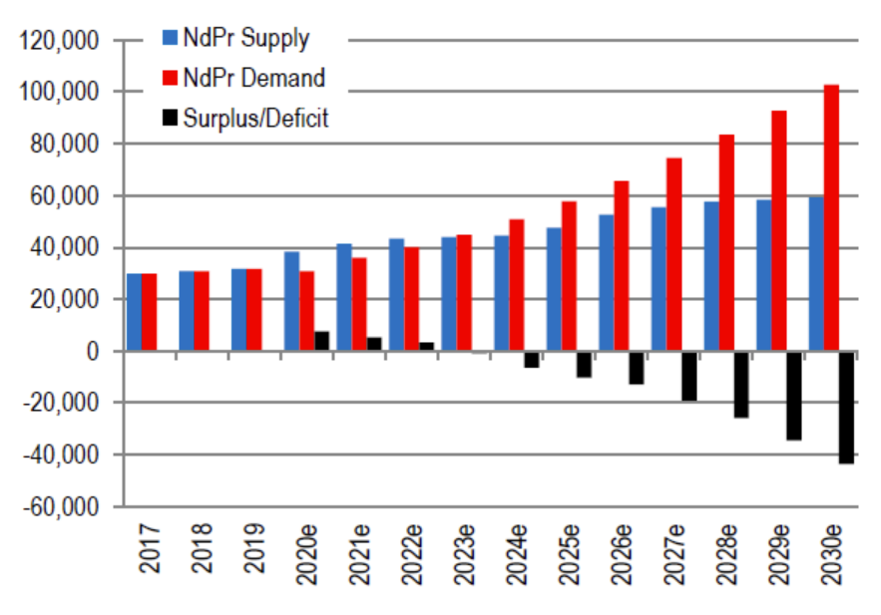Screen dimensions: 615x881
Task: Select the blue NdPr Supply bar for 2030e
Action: (816, 273)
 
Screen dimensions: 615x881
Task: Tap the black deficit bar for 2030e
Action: (846, 407)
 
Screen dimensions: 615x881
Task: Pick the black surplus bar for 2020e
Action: (321, 341)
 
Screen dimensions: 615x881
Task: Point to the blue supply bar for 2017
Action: (134, 312)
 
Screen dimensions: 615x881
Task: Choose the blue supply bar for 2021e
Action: (343, 297)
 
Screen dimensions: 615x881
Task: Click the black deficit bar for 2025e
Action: (584, 364)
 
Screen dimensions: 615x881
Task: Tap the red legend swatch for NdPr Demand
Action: (170, 78)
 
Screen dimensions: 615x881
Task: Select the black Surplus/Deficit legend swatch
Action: (170, 118)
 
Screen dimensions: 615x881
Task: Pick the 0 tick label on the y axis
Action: (92, 351)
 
